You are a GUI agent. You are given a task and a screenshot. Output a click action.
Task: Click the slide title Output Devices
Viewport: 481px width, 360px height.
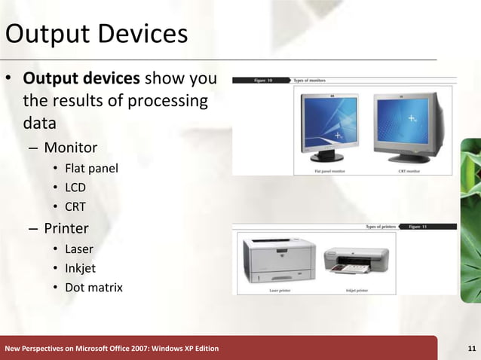(96, 35)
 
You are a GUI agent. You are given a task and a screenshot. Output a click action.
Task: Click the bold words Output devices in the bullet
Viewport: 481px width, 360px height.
(81, 79)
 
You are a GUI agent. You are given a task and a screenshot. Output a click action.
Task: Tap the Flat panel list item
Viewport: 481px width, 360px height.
(91, 167)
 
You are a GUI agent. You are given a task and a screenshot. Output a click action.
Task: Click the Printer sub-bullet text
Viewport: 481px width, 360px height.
(66, 227)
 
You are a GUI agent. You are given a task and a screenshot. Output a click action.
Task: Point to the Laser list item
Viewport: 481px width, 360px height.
(79, 249)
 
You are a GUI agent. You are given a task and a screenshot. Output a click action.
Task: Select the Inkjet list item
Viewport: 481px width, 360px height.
(80, 268)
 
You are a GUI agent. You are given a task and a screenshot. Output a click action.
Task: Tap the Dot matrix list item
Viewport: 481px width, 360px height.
(93, 288)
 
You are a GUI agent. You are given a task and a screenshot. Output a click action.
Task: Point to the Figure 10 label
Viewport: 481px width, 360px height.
(264, 79)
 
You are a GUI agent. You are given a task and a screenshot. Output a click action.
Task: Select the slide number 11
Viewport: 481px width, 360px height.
(471, 348)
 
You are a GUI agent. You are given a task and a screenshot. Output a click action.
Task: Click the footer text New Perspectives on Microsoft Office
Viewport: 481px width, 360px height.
(112, 348)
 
